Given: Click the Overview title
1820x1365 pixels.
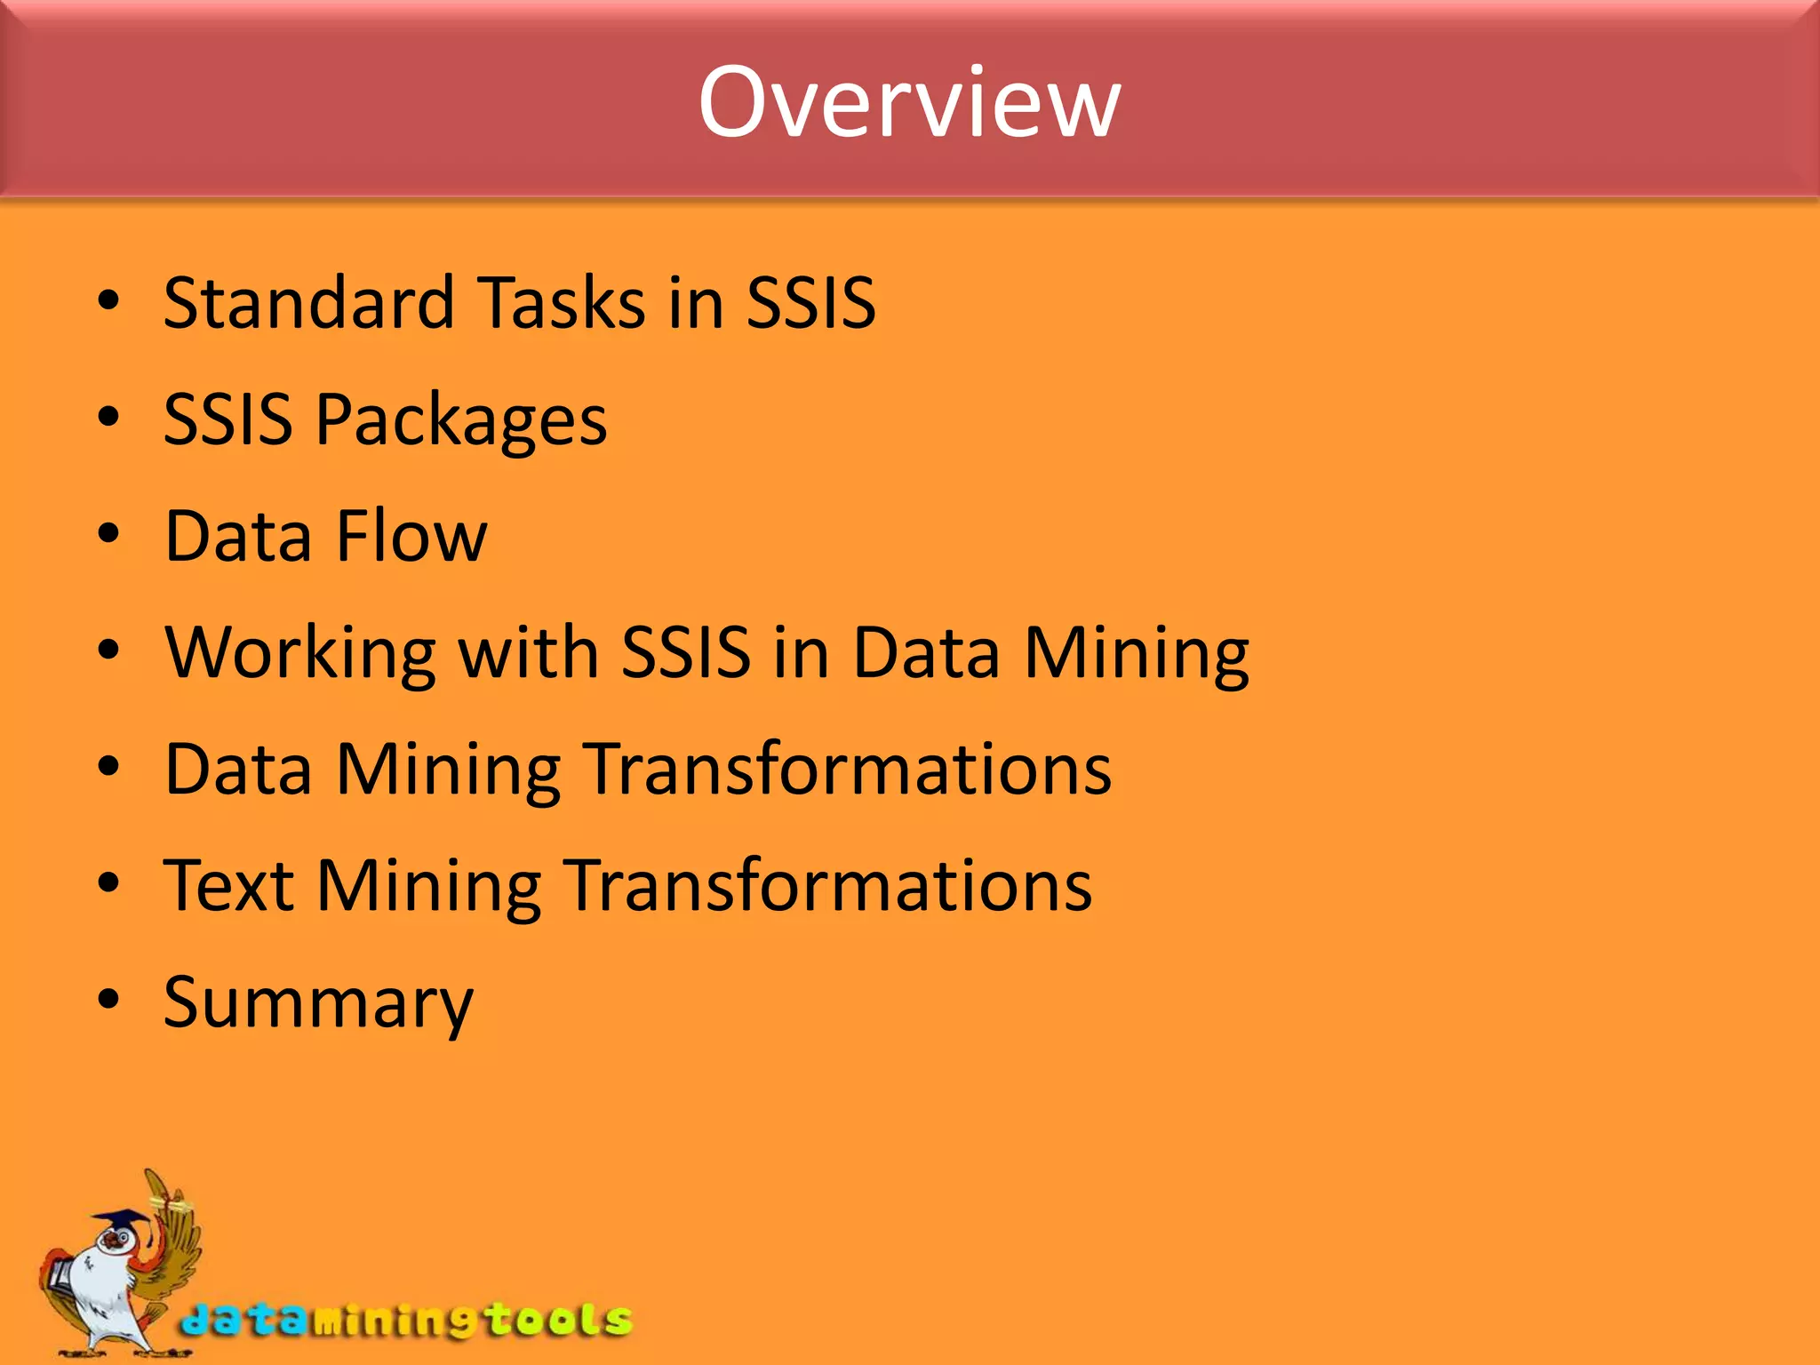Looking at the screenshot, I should click(x=908, y=102).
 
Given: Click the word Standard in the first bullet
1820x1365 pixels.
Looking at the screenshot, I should click(x=308, y=303).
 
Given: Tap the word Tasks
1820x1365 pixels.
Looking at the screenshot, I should click(x=562, y=303).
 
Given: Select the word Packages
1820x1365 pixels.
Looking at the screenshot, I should click(x=461, y=420).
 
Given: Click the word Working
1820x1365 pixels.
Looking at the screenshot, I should click(x=300, y=653).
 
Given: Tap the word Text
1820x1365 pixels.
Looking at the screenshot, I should click(x=228, y=886).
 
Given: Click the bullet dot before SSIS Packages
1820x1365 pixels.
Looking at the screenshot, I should click(x=108, y=417).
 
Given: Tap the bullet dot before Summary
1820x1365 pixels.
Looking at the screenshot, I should click(x=108, y=999).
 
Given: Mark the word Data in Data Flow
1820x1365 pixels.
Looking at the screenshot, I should click(x=238, y=537).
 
